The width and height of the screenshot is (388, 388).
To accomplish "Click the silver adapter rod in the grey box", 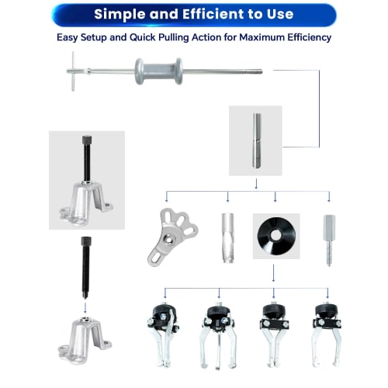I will pos(255,140).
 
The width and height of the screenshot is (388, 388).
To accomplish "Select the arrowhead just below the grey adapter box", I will pos(256,185).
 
